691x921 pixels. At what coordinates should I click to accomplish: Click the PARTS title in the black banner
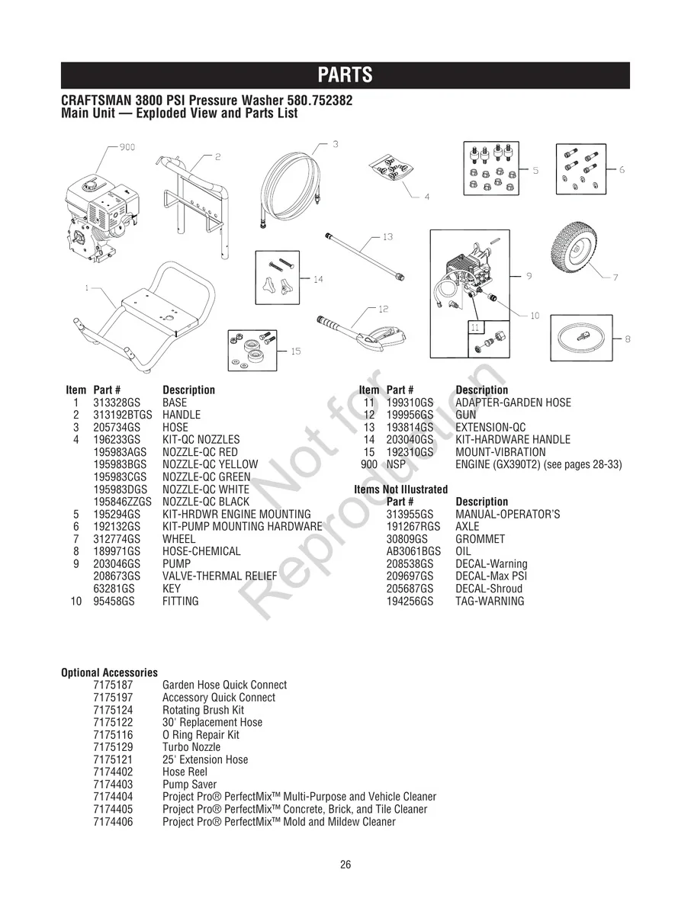pyautogui.click(x=345, y=75)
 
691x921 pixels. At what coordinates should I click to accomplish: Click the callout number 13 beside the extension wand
pyautogui.click(x=387, y=237)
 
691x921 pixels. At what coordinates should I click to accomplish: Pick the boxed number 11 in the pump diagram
pyautogui.click(x=474, y=327)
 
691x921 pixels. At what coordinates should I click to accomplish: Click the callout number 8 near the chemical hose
pyautogui.click(x=627, y=339)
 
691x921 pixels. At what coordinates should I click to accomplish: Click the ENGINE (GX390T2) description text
pyautogui.click(x=538, y=464)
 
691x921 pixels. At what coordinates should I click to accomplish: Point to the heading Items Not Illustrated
pyautogui.click(x=400, y=489)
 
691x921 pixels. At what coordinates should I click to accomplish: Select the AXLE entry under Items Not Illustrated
pyautogui.click(x=468, y=527)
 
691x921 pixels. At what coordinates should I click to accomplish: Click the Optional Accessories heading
pyautogui.click(x=109, y=672)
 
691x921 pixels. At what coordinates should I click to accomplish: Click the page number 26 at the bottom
pyautogui.click(x=345, y=865)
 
